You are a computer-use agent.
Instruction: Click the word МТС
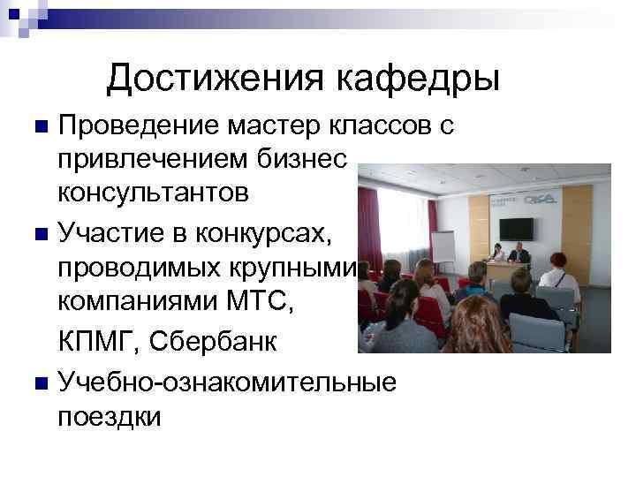click(x=262, y=302)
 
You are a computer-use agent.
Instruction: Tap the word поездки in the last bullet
click(x=109, y=415)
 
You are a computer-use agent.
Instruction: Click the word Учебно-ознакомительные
click(x=226, y=382)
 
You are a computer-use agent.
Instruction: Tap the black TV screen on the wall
click(x=516, y=228)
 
